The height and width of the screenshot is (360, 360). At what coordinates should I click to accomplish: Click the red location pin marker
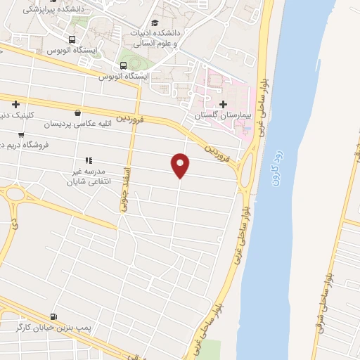pos(181,165)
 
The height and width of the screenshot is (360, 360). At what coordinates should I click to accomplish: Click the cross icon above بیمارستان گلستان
pos(224,104)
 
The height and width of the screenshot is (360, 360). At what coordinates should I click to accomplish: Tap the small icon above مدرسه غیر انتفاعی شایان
pos(89,160)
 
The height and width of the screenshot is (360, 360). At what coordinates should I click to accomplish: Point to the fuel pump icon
pos(54,317)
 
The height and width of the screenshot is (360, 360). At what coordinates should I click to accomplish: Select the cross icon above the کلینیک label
pos(15,104)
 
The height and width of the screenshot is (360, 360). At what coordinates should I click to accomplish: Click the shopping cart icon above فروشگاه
pos(21,134)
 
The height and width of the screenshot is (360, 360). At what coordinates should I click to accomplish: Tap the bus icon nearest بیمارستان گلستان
pos(124,66)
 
